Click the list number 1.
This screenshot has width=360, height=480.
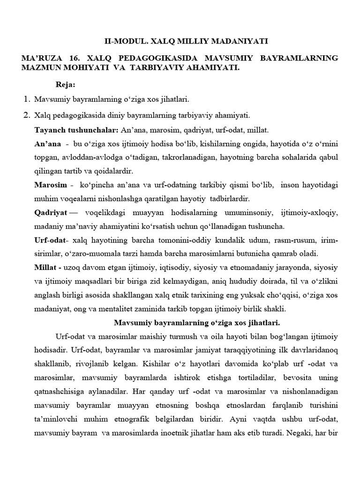point(26,99)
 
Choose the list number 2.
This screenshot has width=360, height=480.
point(26,115)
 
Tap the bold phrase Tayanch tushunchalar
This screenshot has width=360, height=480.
point(77,129)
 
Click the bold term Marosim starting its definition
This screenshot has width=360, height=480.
point(51,185)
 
